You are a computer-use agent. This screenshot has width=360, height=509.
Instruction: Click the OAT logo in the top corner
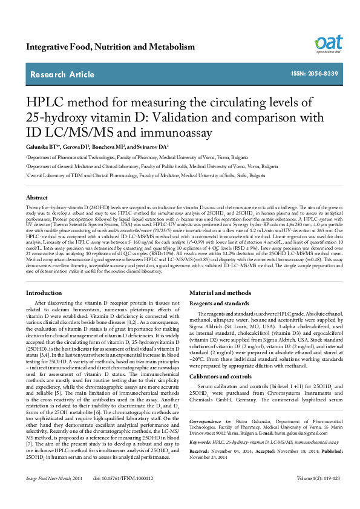tap(329, 44)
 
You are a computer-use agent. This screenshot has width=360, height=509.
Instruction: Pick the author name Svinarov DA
tap(154, 147)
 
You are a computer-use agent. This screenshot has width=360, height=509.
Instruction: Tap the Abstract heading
tap(37, 198)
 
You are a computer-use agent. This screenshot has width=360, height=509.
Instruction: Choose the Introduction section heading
tap(44, 293)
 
